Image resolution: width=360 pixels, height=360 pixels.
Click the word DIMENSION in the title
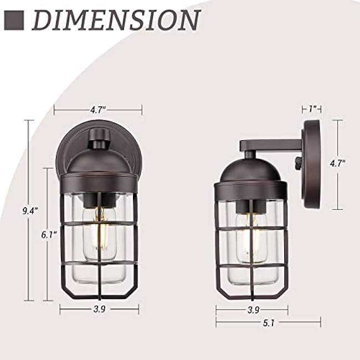click(x=116, y=20)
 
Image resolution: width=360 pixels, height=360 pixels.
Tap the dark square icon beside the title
click(x=14, y=20)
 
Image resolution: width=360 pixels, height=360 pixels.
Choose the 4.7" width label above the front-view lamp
click(x=98, y=110)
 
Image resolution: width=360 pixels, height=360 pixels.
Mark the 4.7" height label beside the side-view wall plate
click(x=337, y=163)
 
